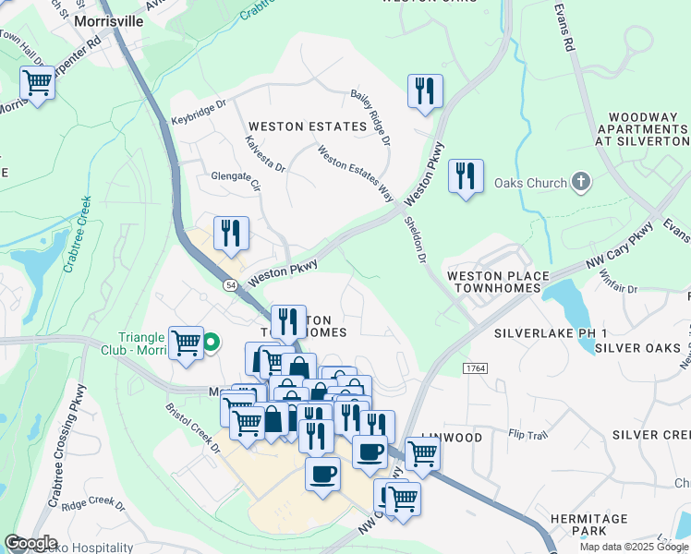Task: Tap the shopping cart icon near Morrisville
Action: pos(38,84)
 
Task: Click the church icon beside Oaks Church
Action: pos(581,182)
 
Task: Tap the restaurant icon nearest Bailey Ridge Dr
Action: pos(425,91)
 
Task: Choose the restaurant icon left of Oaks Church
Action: pos(466,175)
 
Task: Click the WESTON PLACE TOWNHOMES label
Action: pos(497,283)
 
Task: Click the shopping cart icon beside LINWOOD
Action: pos(422,453)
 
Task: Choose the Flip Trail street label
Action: pos(527,433)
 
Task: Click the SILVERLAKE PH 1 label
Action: pos(550,332)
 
